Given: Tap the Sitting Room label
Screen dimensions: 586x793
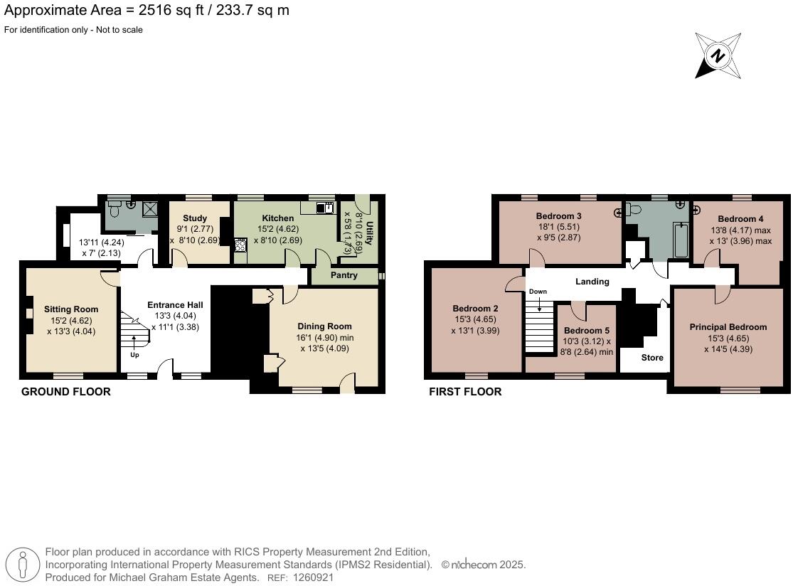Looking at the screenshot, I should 71,309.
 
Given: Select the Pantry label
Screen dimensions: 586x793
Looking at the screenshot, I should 344,275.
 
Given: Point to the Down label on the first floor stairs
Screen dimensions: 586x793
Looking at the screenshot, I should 538,292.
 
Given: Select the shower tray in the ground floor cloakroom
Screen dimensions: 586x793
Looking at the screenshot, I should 150,208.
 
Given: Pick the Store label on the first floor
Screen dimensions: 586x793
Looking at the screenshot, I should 652,358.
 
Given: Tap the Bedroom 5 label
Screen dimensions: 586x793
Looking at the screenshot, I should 587,331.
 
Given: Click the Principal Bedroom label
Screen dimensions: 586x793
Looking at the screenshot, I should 728,327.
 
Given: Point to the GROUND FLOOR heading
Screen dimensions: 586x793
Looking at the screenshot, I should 66,392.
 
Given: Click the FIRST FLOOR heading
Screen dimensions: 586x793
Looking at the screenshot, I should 465,392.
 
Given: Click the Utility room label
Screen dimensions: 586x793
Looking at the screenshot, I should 369,235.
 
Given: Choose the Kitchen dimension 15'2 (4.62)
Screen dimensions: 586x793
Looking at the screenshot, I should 278,230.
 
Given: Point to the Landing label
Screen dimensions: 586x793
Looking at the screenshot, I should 592,282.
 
